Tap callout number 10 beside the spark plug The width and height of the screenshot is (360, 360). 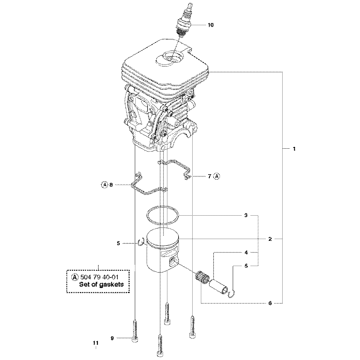coord(211,25)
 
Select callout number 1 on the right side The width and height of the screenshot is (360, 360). coord(294,148)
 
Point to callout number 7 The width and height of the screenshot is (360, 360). coord(210,176)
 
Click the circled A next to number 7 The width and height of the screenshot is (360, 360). coord(217,176)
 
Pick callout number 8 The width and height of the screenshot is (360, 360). coord(111,185)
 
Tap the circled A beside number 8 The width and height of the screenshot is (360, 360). coord(104,185)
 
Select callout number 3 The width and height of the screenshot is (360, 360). coord(246,215)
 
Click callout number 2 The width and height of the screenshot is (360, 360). coord(270,239)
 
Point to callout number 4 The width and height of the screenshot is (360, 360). coord(246,252)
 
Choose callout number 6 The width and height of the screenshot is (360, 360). coord(270,303)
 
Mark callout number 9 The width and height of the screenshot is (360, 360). coord(112,338)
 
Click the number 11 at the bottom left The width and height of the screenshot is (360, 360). coord(95,343)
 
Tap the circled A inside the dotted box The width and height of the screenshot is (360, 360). coord(75,277)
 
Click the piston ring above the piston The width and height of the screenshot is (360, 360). coord(163,214)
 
